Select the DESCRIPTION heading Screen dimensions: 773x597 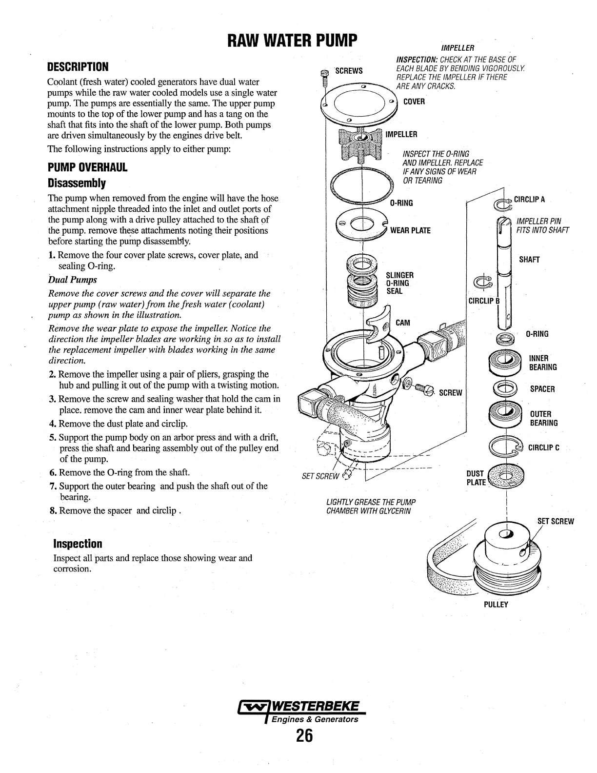coord(78,67)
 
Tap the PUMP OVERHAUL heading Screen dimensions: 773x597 coord(87,167)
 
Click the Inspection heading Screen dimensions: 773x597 coord(78,544)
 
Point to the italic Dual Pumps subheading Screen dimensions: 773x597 coord(73,280)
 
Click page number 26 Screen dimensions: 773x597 coord(303,735)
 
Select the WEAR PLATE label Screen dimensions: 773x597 coord(410,230)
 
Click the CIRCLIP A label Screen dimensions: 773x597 coord(529,200)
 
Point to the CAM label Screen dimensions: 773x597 coord(403,323)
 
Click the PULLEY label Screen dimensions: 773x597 coord(496,605)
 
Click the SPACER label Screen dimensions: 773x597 coord(542,389)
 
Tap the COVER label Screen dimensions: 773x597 coord(414,102)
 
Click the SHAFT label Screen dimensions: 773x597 coord(529,260)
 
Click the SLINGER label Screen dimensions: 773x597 coord(399,276)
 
